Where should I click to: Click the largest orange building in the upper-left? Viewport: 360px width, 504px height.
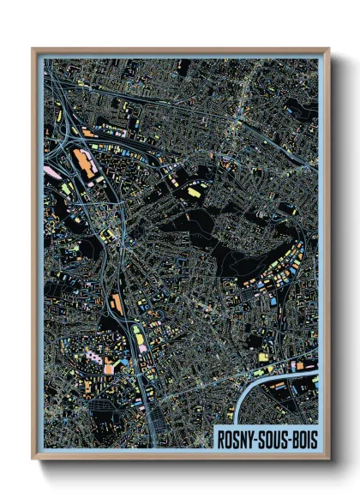point(85,163)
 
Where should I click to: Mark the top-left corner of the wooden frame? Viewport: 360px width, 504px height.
point(33,50)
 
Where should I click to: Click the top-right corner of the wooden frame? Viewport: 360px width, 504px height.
point(328,50)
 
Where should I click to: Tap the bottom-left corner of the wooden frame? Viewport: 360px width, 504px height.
point(33,459)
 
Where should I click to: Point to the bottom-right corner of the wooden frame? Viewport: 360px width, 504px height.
point(328,459)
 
